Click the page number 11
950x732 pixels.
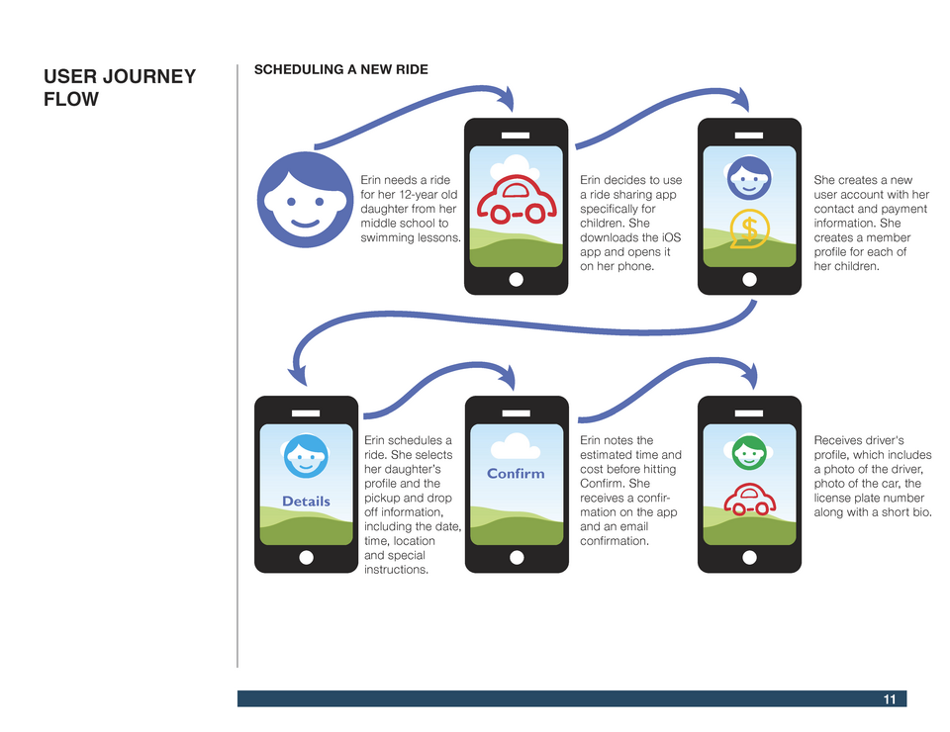(x=889, y=699)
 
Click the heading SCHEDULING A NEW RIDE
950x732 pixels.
(x=341, y=69)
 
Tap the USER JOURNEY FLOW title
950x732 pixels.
(x=120, y=87)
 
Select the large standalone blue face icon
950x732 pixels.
(x=306, y=200)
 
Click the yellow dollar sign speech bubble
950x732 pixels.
(x=749, y=229)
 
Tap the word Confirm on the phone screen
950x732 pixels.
(x=516, y=474)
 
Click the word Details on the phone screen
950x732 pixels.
(x=306, y=502)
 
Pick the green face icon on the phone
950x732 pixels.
(x=749, y=453)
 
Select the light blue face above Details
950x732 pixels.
(x=306, y=456)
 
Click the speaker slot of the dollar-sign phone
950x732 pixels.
(x=749, y=136)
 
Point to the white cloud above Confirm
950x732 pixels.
(x=515, y=446)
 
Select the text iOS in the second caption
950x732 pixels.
(x=671, y=237)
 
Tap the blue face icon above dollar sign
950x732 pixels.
(x=749, y=178)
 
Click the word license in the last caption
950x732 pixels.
(x=833, y=498)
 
